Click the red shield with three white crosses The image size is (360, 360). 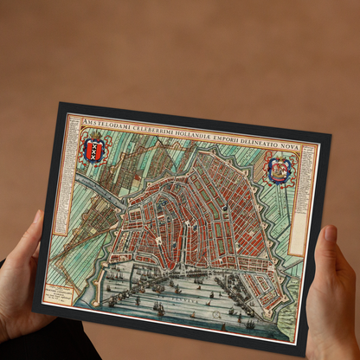(94, 149)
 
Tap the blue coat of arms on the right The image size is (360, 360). (279, 170)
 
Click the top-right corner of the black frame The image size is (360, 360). (331, 135)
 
